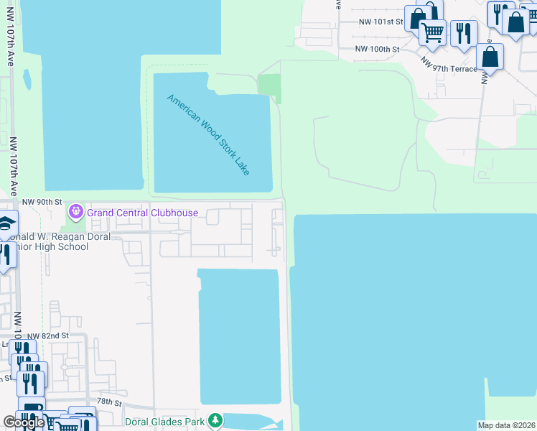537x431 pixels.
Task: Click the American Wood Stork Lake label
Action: click(x=208, y=134)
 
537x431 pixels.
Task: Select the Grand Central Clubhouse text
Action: click(x=142, y=213)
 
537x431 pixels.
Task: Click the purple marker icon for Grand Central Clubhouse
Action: click(x=75, y=212)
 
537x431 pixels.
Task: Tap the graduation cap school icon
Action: click(x=6, y=223)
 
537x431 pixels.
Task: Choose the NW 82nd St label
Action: click(x=48, y=335)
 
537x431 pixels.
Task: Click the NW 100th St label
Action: click(x=377, y=49)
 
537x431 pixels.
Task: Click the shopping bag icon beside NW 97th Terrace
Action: click(x=490, y=56)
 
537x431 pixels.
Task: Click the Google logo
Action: click(x=24, y=422)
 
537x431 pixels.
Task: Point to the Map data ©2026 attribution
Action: click(x=507, y=425)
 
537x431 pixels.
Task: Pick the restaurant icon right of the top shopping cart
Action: click(x=464, y=32)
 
